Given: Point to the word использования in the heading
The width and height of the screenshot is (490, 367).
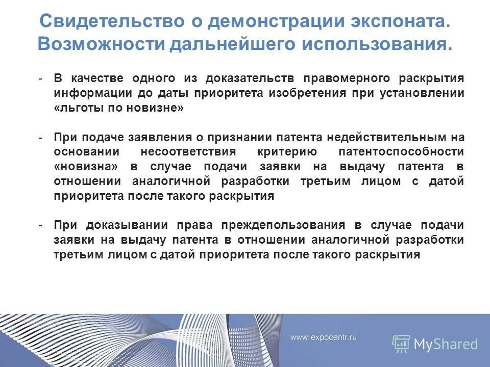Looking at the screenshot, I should tap(377, 43).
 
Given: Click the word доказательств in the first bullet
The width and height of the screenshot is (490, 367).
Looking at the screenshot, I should tap(250, 79).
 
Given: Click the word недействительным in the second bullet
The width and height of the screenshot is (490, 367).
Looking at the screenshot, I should tap(388, 138).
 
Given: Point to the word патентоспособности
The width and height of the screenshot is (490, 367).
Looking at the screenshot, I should tap(401, 152).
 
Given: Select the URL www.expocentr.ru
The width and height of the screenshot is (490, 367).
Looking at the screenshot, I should tap(324, 337).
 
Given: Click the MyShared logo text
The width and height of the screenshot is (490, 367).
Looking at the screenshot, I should tap(446, 344).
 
